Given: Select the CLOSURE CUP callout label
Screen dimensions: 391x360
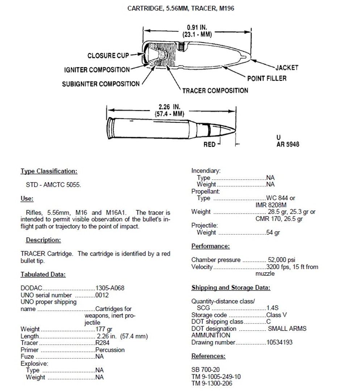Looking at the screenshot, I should coord(108,56).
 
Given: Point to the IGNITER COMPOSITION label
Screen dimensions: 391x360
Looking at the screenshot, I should coord(97,70).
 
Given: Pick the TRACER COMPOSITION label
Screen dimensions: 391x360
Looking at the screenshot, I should coord(215,90).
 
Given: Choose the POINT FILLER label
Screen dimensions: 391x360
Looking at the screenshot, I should coord(267,78).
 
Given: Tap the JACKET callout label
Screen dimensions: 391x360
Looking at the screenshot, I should coord(287,67).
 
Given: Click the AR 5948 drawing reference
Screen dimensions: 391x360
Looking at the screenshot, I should coord(288,144).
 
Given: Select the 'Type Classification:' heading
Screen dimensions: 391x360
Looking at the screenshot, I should coord(49,171).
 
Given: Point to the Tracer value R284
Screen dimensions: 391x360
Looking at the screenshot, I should coord(103,343).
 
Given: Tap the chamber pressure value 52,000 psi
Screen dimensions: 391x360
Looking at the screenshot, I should coord(281,260).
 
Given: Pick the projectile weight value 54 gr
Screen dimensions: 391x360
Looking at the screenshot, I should coord(273,233).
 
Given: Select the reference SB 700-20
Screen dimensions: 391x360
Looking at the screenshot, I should coord(206,370).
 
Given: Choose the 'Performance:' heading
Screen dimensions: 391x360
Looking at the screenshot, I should coord(210,246).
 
